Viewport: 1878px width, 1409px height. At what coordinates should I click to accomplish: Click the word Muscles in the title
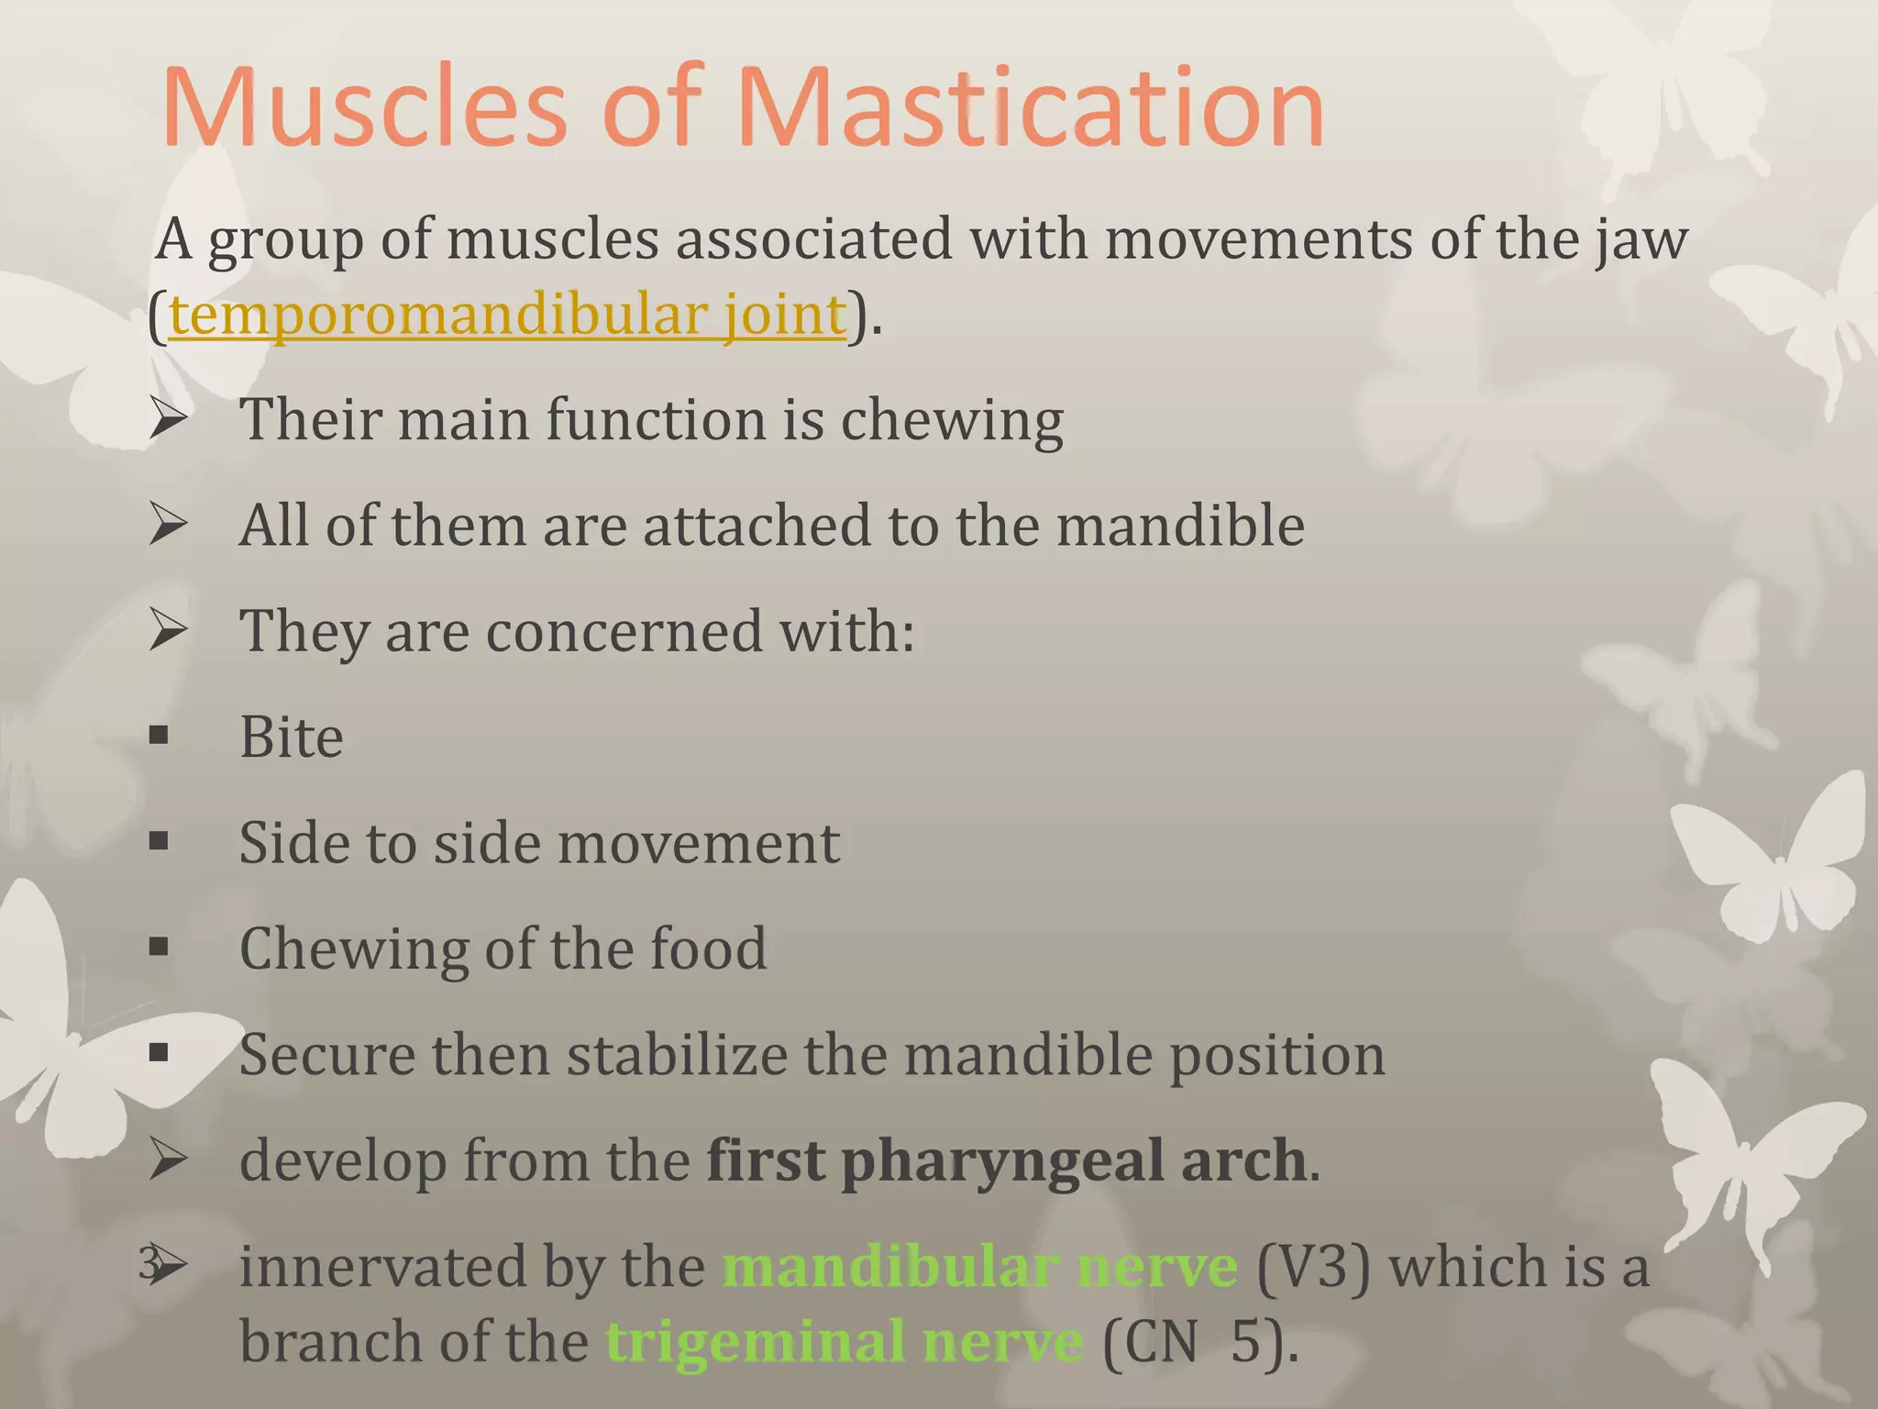[x=365, y=108]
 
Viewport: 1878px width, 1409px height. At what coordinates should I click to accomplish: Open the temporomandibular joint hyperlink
[x=506, y=315]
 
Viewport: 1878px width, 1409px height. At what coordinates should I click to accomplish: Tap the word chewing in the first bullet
[x=951, y=420]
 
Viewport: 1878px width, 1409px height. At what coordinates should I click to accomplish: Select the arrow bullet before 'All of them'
[x=168, y=525]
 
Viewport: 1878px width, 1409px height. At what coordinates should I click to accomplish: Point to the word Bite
[x=291, y=737]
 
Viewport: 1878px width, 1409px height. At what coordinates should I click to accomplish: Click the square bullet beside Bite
[x=159, y=736]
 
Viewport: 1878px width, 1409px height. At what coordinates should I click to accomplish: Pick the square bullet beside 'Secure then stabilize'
[x=159, y=1053]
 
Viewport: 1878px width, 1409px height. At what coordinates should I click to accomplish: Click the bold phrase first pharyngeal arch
[x=1005, y=1160]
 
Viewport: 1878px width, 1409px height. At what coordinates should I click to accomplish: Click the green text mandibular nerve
[x=979, y=1267]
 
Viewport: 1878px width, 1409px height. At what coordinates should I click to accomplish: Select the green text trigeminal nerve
[x=844, y=1342]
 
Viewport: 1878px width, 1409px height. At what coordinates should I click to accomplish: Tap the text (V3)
[x=1312, y=1267]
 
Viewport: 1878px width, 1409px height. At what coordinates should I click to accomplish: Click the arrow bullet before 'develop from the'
[x=168, y=1160]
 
